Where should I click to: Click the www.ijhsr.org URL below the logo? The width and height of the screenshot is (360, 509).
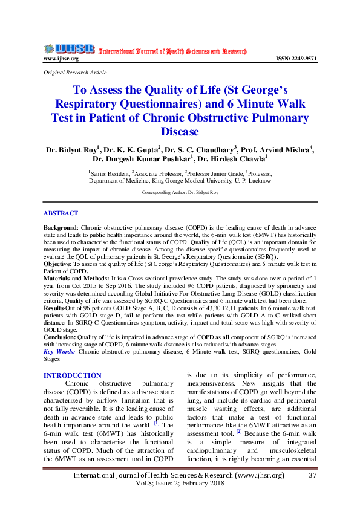pyautogui.click(x=61, y=59)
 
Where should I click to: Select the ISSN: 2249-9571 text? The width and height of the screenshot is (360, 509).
pyautogui.click(x=296, y=59)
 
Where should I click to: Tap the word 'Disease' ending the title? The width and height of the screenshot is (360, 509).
pyautogui.click(x=180, y=131)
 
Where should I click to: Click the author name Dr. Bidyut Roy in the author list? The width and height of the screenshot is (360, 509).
pyautogui.click(x=71, y=149)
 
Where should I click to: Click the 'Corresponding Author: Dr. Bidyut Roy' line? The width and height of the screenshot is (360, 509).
pyautogui.click(x=180, y=192)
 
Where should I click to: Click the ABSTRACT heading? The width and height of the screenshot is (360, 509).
pyautogui.click(x=61, y=213)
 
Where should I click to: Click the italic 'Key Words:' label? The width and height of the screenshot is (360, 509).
pyautogui.click(x=59, y=351)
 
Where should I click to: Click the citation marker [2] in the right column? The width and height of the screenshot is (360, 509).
pyautogui.click(x=239, y=431)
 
